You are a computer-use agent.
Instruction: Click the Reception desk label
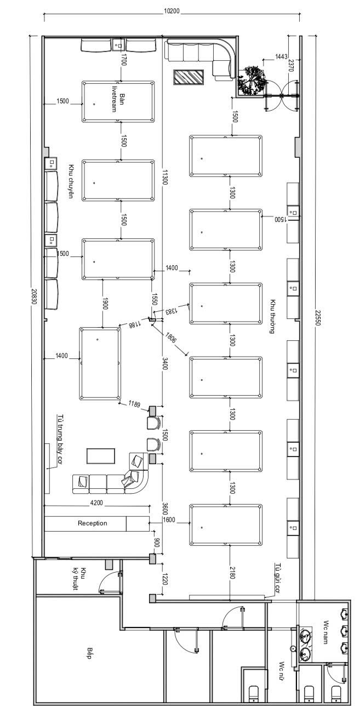pyautogui.click(x=93, y=523)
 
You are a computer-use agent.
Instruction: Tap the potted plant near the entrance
pyautogui.click(x=253, y=80)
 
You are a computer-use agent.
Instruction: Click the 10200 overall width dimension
pyautogui.click(x=172, y=10)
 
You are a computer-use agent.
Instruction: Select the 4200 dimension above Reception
pyautogui.click(x=97, y=503)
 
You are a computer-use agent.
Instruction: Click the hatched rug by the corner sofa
pyautogui.click(x=188, y=77)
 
